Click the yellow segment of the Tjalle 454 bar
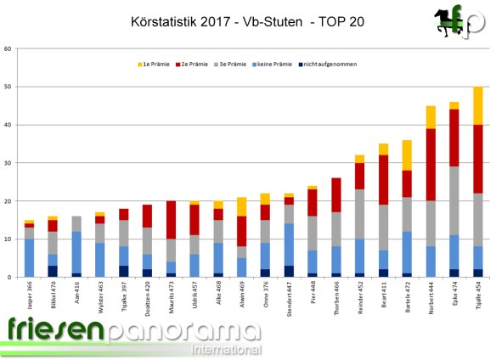coord(478,105)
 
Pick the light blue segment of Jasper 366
coord(30,257)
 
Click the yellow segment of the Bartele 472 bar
coord(407,155)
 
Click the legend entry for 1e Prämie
coord(156,65)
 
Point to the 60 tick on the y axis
coord(8,48)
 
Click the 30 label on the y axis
coord(8,163)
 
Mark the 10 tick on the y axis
coord(8,239)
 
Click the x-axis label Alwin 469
coord(242,295)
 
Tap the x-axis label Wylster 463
coord(100,296)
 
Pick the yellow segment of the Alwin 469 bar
coord(242,206)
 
